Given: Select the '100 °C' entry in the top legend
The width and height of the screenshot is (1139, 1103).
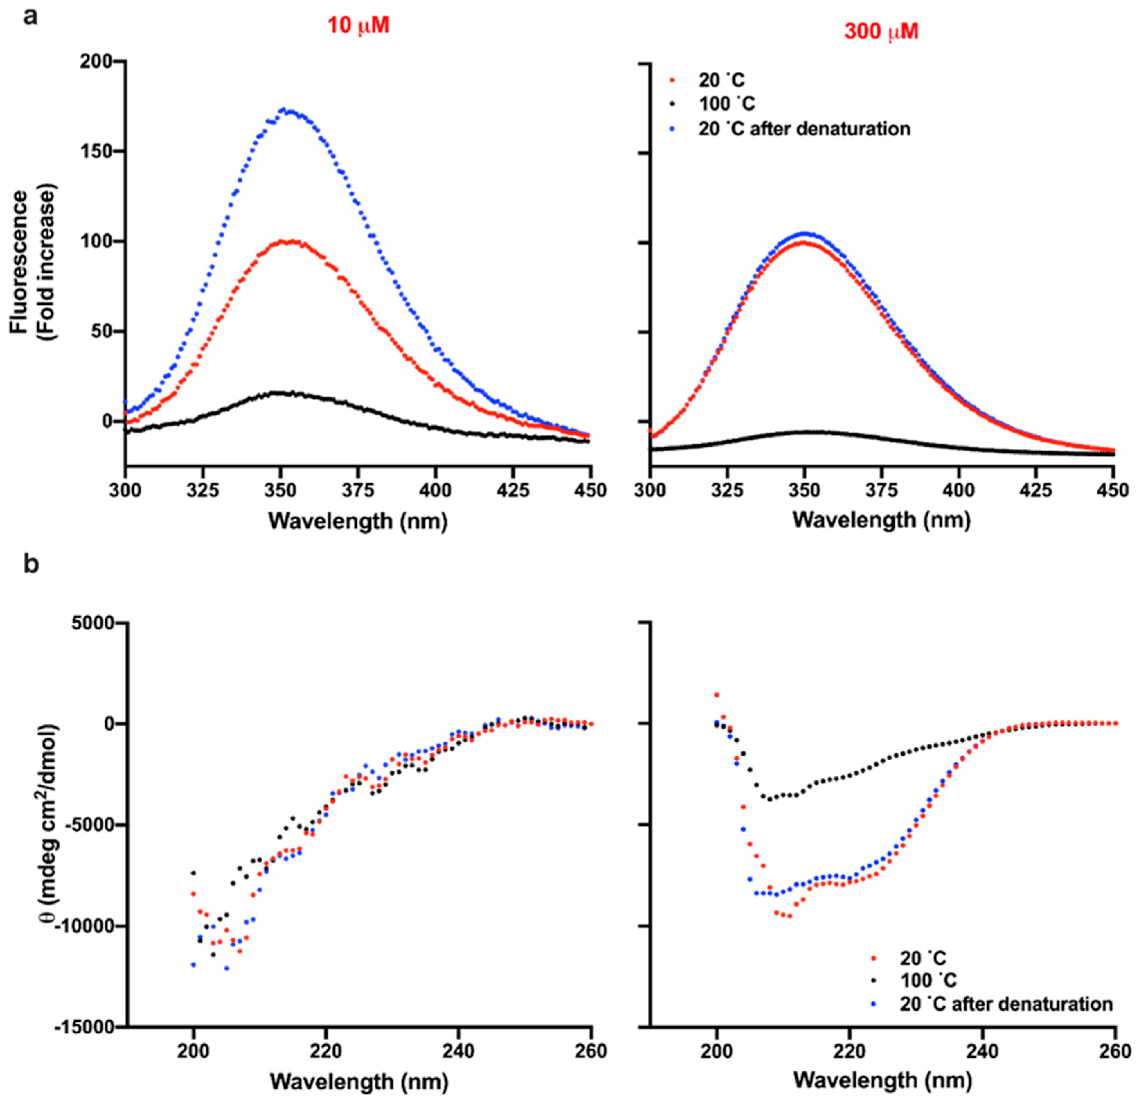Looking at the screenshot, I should click(x=727, y=104).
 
